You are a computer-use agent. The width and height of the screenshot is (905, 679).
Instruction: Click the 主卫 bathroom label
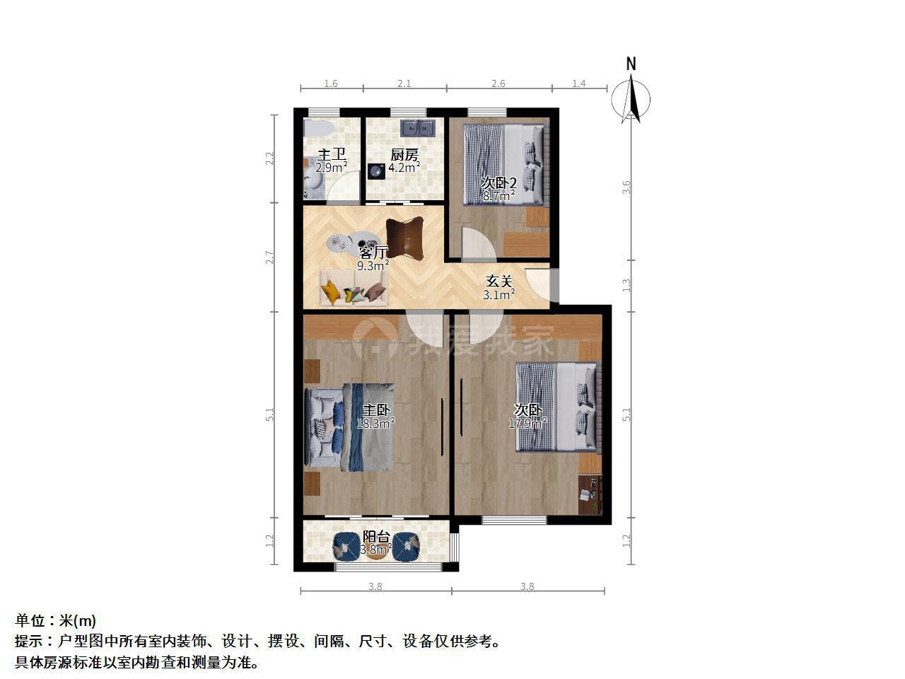(332, 155)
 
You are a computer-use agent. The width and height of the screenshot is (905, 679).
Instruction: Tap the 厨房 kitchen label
(404, 155)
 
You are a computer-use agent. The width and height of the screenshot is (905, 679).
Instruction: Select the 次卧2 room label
(499, 182)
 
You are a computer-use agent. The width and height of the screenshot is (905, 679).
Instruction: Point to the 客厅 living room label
(373, 253)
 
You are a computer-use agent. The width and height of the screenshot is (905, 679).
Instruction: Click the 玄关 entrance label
(499, 282)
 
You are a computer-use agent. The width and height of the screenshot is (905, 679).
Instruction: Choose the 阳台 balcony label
(376, 537)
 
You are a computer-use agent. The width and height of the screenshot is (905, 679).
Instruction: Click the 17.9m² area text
(527, 423)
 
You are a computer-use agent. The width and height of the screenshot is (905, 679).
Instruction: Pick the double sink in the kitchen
(418, 128)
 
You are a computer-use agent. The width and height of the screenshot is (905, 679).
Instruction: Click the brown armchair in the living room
(405, 238)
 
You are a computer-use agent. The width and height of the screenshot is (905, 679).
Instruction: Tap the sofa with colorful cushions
(354, 288)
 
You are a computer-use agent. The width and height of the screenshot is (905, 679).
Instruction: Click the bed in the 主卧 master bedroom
(349, 427)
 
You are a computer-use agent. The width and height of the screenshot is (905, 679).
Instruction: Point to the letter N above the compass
(631, 64)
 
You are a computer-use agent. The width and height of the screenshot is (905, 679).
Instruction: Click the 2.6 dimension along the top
(498, 83)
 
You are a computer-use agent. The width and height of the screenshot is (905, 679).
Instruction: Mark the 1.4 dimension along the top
(579, 83)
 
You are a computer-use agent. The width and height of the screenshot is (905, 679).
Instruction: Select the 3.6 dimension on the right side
(626, 187)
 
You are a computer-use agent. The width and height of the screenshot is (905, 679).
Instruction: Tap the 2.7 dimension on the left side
(269, 257)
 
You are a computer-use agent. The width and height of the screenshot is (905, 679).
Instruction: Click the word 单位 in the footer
(30, 620)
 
